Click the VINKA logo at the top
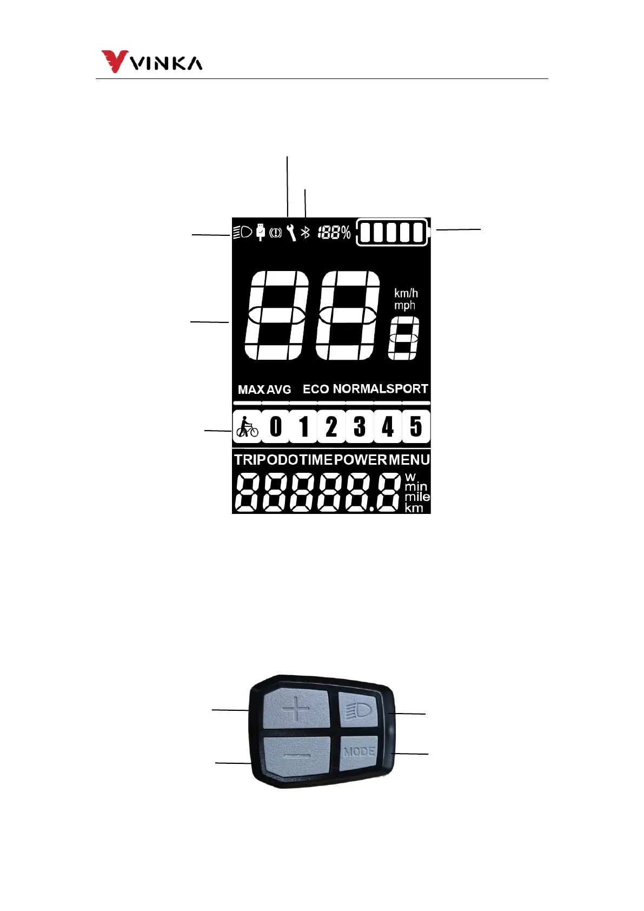[152, 62]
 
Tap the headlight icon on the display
[242, 233]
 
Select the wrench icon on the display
[291, 233]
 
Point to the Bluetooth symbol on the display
[306, 233]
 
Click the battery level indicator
[392, 233]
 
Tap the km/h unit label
[406, 293]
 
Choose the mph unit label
[404, 306]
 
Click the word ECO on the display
[316, 390]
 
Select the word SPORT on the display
[407, 389]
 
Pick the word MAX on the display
[251, 390]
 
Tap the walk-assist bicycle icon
[247, 427]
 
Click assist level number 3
[360, 427]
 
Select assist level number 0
[276, 427]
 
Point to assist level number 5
[416, 427]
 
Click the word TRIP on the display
[250, 460]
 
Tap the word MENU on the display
[409, 460]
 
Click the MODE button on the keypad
[359, 752]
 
